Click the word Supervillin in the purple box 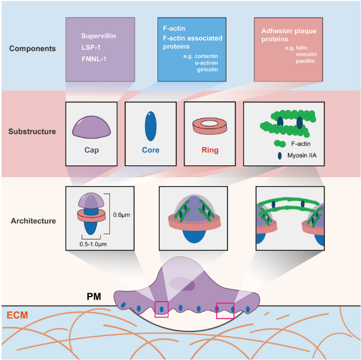[99, 36]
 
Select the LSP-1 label [91, 48]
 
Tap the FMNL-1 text [94, 59]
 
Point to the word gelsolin [207, 70]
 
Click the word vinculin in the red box [306, 54]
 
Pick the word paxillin [305, 61]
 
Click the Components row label [32, 49]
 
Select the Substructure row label [32, 131]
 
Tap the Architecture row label [33, 221]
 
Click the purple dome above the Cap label [91, 127]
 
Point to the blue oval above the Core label [151, 126]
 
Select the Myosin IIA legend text [302, 156]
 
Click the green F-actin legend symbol [280, 144]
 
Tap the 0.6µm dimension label [121, 215]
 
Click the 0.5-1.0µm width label [93, 244]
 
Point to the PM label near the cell [94, 297]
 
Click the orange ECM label [17, 315]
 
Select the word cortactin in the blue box [206, 57]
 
